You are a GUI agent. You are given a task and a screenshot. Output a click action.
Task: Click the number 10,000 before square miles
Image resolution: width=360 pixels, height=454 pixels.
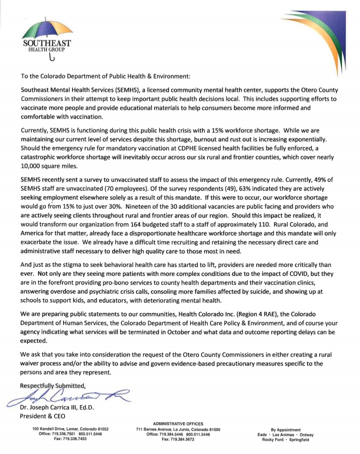33,166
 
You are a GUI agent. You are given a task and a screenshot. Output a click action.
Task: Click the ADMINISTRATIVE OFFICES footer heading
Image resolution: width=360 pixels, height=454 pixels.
180,424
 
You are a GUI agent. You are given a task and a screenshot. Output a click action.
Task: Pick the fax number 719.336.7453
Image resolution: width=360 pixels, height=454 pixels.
70,439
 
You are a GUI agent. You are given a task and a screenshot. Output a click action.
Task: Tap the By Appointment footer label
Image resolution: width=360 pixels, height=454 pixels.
285,429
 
